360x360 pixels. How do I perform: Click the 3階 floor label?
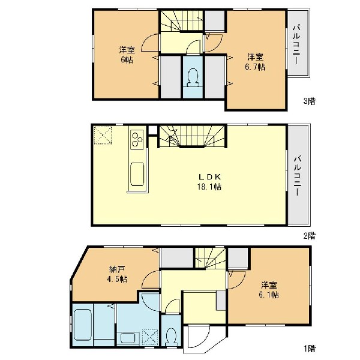tap(309, 101)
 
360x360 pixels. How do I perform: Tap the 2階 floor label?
tap(309, 236)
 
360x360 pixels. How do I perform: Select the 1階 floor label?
tap(309, 349)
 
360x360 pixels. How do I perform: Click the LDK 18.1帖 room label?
tap(209, 182)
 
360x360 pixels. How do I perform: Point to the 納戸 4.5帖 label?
tap(118, 274)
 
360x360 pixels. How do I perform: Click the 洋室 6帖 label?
tap(127, 55)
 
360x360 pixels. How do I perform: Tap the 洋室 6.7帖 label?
tap(255, 62)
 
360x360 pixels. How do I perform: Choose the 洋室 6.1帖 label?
tap(269, 290)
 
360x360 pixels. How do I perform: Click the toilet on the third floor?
tap(193, 77)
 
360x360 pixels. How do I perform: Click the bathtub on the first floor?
tap(83, 325)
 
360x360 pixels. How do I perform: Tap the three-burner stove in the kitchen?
tap(137, 139)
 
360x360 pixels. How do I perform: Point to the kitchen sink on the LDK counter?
tap(137, 174)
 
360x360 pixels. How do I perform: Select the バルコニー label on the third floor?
tap(296, 45)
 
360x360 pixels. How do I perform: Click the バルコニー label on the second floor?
tap(298, 176)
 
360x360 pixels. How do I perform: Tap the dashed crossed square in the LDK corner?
tap(103, 135)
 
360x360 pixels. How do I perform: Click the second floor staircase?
tap(193, 136)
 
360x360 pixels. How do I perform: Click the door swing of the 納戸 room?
tap(149, 279)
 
